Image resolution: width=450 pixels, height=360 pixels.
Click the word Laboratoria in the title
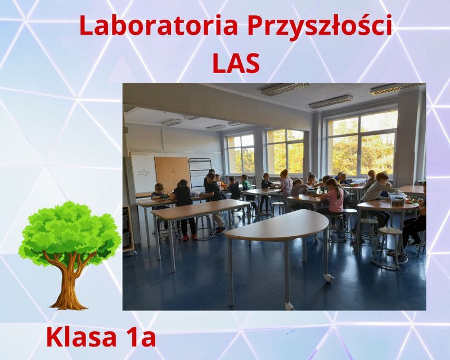pyautogui.click(x=159, y=25)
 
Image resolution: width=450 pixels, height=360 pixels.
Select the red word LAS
pyautogui.click(x=236, y=63)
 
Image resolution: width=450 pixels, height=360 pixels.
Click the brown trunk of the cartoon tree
pyautogui.click(x=68, y=281)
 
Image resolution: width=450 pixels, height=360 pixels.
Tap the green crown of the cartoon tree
pyautogui.click(x=69, y=229)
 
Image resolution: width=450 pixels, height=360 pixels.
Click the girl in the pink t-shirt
pyautogui.click(x=334, y=198)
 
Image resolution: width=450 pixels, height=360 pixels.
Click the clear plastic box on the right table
pyautogui.click(x=398, y=199)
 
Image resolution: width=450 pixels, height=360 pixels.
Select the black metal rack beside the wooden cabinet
pyautogui.click(x=200, y=172)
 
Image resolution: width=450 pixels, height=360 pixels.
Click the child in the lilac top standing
pyautogui.click(x=286, y=187)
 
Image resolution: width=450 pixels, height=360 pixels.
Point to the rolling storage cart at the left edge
pyautogui.click(x=129, y=229)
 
